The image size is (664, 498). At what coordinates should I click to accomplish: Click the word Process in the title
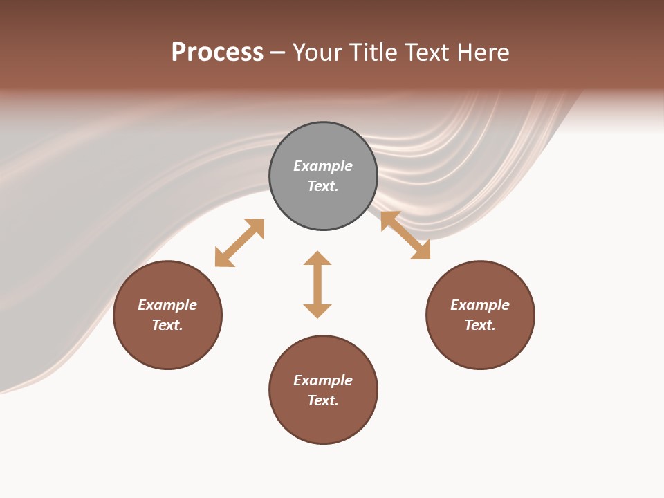pos(217,53)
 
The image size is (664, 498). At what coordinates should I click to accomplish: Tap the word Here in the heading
pos(480,53)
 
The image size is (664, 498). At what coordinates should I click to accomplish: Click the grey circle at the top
pos(323,201)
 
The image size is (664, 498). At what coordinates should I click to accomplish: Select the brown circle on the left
pos(167,346)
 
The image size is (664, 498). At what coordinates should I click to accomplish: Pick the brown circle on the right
pos(480,346)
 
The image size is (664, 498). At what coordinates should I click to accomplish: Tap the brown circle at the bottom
pos(323,422)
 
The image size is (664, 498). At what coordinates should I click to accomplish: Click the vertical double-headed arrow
pos(317,284)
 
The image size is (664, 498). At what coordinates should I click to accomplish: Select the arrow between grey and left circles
pos(239,243)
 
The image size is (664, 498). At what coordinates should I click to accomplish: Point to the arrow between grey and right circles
pos(405,235)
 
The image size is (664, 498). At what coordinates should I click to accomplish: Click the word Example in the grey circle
pos(323,166)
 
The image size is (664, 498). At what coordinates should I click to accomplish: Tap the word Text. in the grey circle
pos(323,186)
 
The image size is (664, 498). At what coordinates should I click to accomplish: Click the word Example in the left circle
pos(167,305)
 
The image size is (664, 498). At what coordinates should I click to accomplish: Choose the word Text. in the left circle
pos(167,325)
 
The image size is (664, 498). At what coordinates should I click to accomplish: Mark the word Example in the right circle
pos(480,305)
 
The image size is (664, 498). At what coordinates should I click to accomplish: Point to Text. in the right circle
pos(480,325)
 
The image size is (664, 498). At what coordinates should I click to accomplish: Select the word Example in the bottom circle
pos(323,380)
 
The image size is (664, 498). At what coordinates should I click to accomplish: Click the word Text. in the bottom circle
pos(323,400)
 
